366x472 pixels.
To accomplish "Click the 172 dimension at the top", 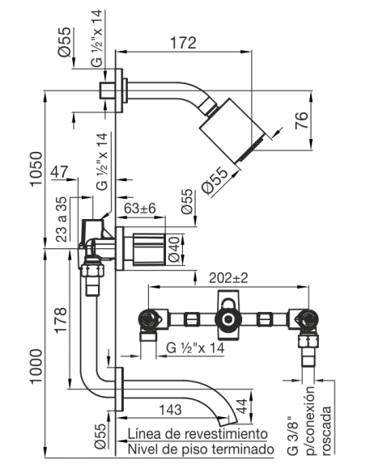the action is (x=183, y=43).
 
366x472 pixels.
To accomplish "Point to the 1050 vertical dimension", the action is (x=36, y=169).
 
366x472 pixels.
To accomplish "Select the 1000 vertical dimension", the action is (x=36, y=366).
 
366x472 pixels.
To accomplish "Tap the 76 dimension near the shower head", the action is (x=302, y=120).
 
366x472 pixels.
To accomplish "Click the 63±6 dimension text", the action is (x=140, y=208).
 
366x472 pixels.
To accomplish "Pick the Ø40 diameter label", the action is (x=175, y=250).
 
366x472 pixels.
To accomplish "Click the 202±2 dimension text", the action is (x=228, y=278).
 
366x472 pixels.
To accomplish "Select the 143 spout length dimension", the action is (x=170, y=410).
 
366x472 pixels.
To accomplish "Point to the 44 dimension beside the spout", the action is (x=241, y=406).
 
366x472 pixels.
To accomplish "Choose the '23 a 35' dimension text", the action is (x=62, y=219).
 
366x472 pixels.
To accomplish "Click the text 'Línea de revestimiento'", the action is (x=198, y=434).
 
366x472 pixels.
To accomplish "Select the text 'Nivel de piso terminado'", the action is (x=201, y=449).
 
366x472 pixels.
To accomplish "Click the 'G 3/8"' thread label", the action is (x=293, y=436).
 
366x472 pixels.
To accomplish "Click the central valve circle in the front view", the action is (x=229, y=319).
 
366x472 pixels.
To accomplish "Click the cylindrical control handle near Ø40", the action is (x=149, y=249).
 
